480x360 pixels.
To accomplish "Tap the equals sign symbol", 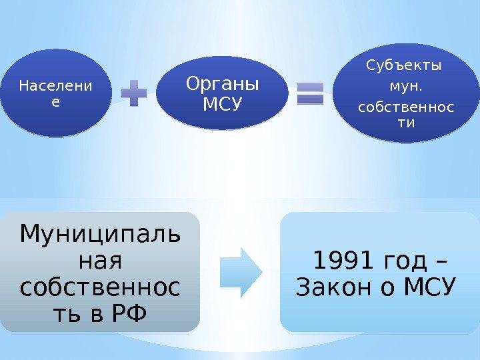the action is point(309,93).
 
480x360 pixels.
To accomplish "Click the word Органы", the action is point(221,84).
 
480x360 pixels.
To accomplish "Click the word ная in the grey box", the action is point(100,260).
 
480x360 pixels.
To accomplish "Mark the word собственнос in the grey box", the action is point(99,287).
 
